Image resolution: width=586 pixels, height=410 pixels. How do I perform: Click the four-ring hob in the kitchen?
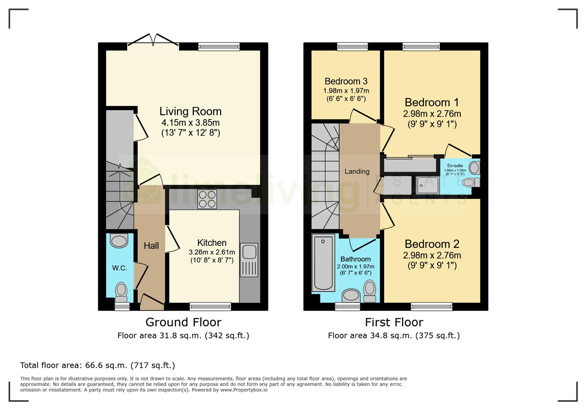coord(207,199)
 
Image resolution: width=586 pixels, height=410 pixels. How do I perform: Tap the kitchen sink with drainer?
coord(249,260)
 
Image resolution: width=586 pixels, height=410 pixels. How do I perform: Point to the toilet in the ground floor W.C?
coord(121,290)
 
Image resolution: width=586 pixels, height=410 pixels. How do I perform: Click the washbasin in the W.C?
coord(119,241)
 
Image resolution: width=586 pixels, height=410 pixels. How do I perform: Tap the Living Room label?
coord(190,111)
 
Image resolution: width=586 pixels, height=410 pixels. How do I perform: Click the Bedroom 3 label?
coord(346,81)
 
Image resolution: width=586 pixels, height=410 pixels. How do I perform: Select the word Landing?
coord(357,172)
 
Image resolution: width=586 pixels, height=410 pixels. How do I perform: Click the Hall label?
coord(151,246)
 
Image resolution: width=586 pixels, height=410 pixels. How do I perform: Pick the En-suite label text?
coord(455,166)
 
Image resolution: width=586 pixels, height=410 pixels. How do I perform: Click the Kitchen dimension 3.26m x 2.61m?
coord(212,252)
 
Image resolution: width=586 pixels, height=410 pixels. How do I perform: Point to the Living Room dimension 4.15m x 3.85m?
coord(191,123)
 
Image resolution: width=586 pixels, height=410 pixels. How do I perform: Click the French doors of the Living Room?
coord(153,41)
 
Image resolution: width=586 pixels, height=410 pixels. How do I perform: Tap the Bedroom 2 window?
coord(432,306)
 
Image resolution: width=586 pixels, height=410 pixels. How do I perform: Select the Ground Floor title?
coord(183,322)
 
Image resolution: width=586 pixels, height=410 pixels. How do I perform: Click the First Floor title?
coord(394,322)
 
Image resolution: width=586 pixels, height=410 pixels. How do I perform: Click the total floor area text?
coord(98,365)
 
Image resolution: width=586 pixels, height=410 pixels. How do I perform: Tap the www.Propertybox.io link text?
coord(244,390)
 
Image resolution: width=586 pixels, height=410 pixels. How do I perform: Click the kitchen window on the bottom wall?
coord(210,306)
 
